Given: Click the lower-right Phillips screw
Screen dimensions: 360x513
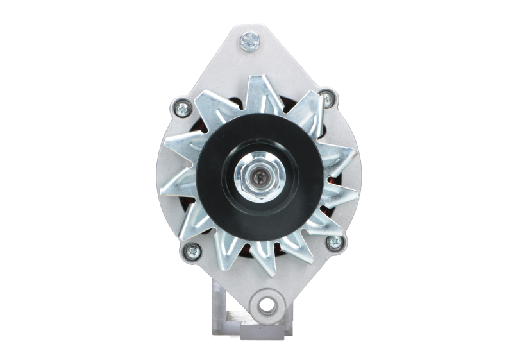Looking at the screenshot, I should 333,242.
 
